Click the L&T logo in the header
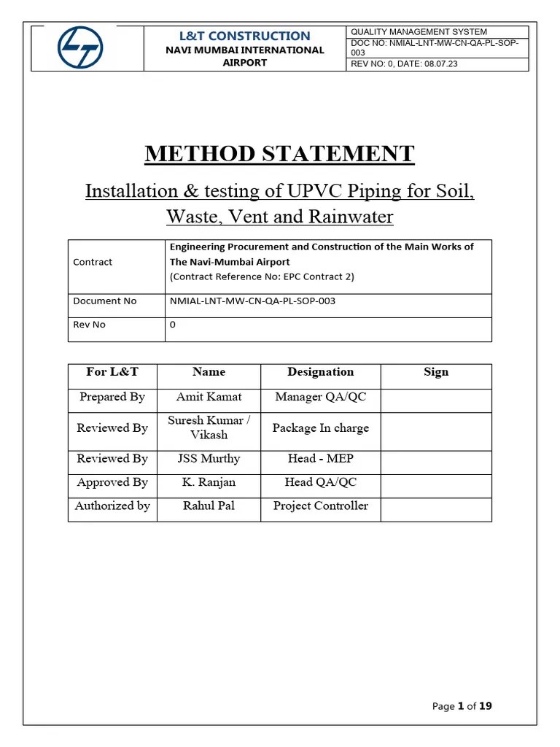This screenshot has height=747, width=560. pos(81,48)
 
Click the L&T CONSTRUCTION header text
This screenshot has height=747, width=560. pos(244,36)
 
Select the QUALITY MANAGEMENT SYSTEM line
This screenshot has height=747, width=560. pos(419,32)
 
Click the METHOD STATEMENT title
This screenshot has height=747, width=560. pos(279,154)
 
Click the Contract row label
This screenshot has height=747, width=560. pos(93,262)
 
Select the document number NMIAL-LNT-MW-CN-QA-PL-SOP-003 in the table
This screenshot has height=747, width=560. pos(252,301)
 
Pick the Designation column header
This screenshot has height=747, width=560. pos(320,372)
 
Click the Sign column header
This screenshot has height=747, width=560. pos(436,372)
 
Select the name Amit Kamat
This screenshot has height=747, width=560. pos(209,397)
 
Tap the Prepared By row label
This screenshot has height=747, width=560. pos(112,397)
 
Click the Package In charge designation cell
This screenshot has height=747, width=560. pos(320,428)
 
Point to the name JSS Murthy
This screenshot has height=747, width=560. pos(209,459)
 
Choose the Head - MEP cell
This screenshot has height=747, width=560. pos(320,459)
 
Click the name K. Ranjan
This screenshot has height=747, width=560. pos(209,482)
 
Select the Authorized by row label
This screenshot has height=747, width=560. pos(112,506)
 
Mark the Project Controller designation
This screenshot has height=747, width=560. pos(320,506)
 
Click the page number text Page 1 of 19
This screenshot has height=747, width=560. pos(462,705)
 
